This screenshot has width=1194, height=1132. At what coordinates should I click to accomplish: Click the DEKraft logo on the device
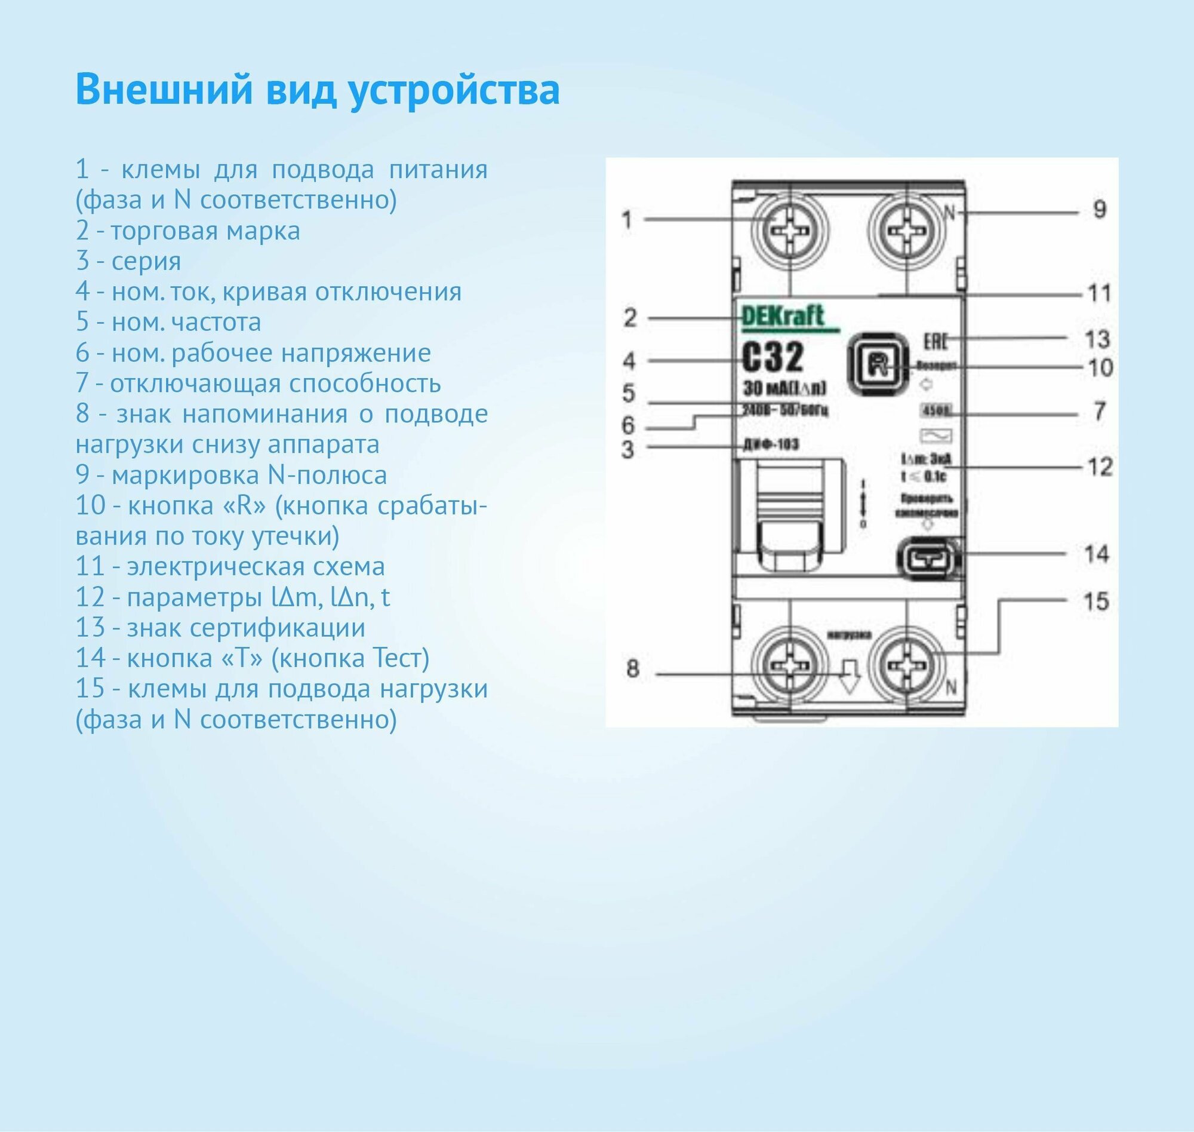tap(782, 317)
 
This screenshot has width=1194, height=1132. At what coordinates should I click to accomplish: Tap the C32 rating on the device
tap(773, 358)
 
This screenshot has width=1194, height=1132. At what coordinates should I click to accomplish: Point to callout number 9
tap(1098, 210)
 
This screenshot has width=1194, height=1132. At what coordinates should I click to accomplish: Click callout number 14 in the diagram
tap(1096, 554)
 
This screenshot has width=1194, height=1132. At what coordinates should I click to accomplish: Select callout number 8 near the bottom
tap(633, 669)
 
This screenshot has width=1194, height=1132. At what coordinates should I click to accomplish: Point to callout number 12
tap(1098, 467)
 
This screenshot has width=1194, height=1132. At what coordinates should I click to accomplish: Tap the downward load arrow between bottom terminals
tap(850, 677)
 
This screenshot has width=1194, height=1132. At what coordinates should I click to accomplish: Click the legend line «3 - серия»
tap(128, 261)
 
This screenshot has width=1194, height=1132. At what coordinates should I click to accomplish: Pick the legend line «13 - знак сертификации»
tap(221, 628)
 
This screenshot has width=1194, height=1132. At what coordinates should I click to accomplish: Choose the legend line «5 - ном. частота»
tap(168, 322)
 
